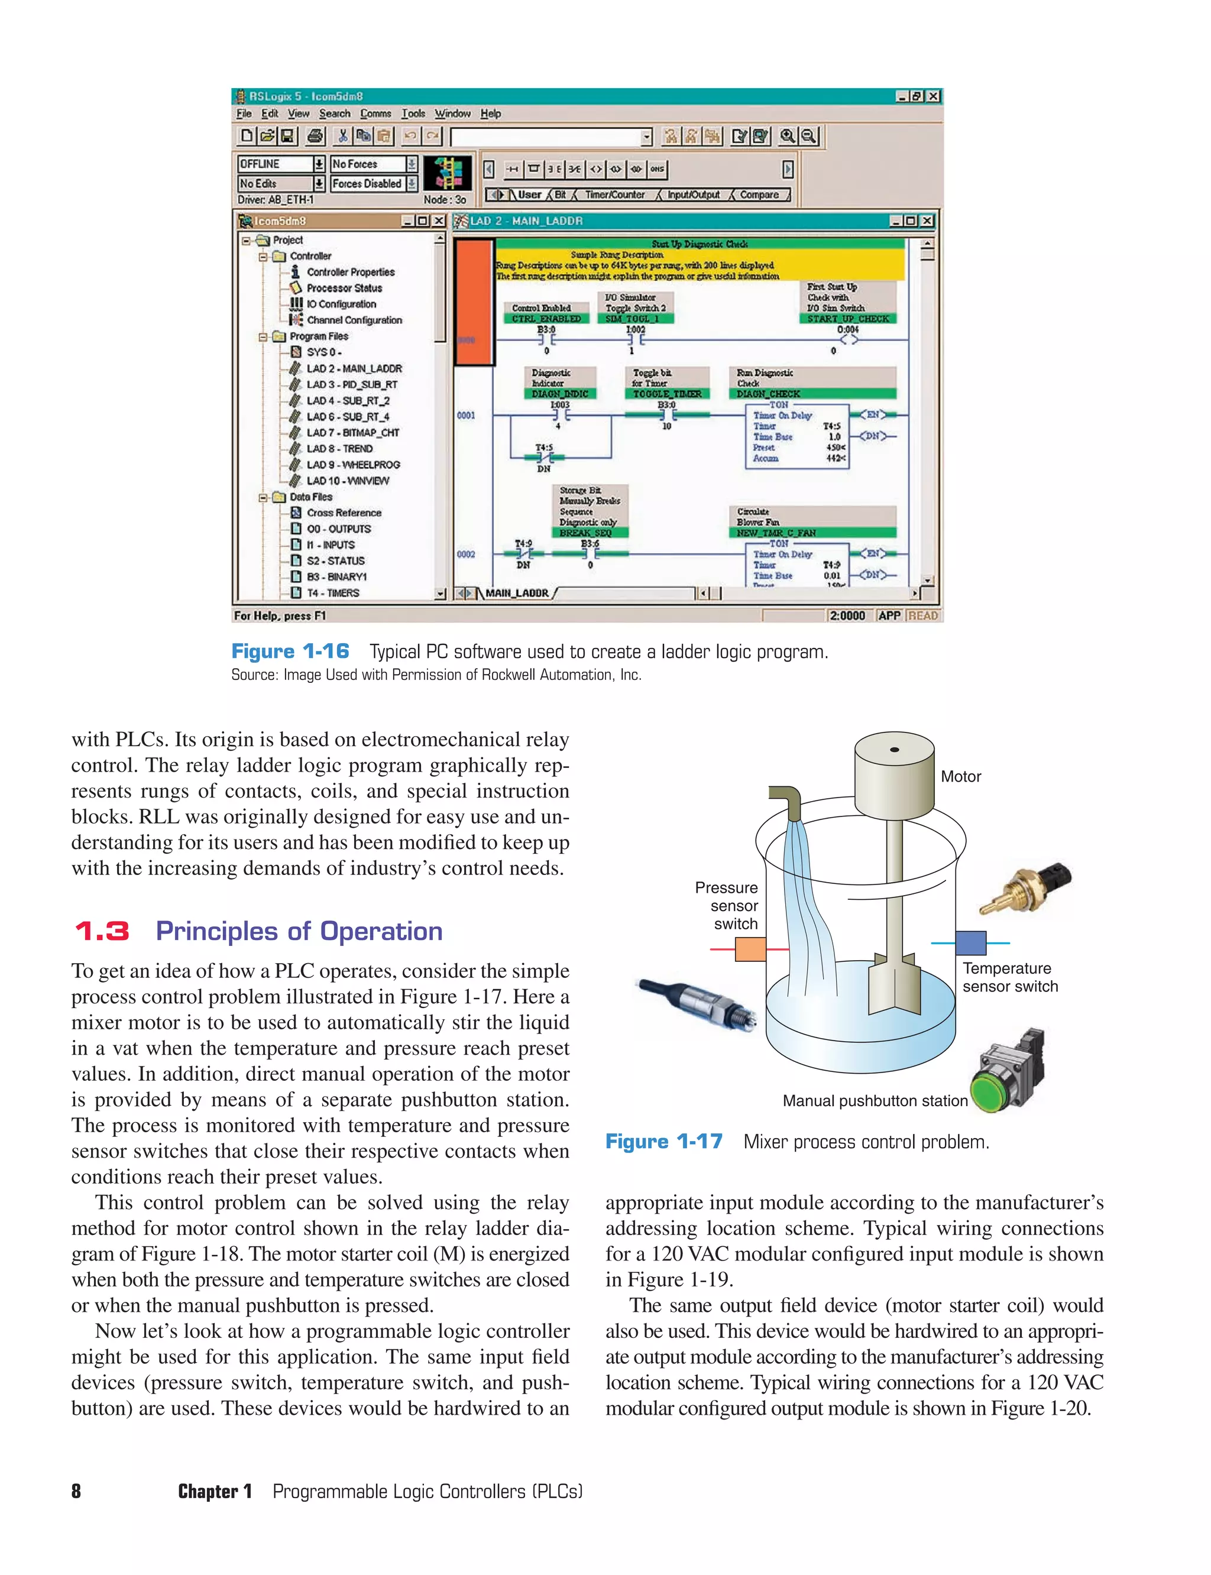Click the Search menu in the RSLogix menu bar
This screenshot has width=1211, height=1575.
(x=335, y=114)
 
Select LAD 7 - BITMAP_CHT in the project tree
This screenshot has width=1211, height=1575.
(x=352, y=433)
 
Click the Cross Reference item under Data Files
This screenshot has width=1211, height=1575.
(x=344, y=513)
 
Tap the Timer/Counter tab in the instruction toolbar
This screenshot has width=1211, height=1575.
(x=614, y=195)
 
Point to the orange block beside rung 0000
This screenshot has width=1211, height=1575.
(x=474, y=303)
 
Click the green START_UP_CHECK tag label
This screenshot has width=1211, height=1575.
(x=848, y=319)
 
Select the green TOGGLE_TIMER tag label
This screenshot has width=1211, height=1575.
(x=667, y=394)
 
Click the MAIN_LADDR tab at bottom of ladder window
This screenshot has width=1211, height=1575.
(x=517, y=593)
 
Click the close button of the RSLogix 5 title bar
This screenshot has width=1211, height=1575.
(x=934, y=96)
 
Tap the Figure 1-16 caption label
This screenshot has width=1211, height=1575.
(x=290, y=652)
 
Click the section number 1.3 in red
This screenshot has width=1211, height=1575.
(x=102, y=931)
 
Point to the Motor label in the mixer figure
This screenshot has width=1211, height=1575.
(x=960, y=776)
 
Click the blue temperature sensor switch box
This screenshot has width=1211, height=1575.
(x=970, y=943)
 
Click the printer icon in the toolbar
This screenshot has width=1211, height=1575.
(x=315, y=135)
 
